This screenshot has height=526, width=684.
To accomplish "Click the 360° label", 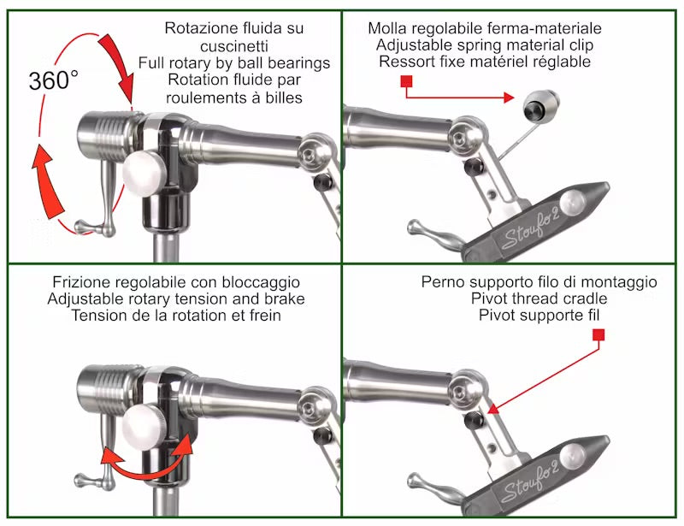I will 54,81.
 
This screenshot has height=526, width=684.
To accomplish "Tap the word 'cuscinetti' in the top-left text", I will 233,44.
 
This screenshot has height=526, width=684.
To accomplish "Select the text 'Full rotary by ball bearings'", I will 233,62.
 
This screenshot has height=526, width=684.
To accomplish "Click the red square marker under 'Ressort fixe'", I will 407,81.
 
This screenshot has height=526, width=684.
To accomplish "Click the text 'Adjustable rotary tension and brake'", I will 176,299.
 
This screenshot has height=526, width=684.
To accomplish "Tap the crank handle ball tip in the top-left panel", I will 81,227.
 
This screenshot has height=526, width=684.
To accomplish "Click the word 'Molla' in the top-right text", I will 388,27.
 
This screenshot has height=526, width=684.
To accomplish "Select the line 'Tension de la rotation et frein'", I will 176,316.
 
